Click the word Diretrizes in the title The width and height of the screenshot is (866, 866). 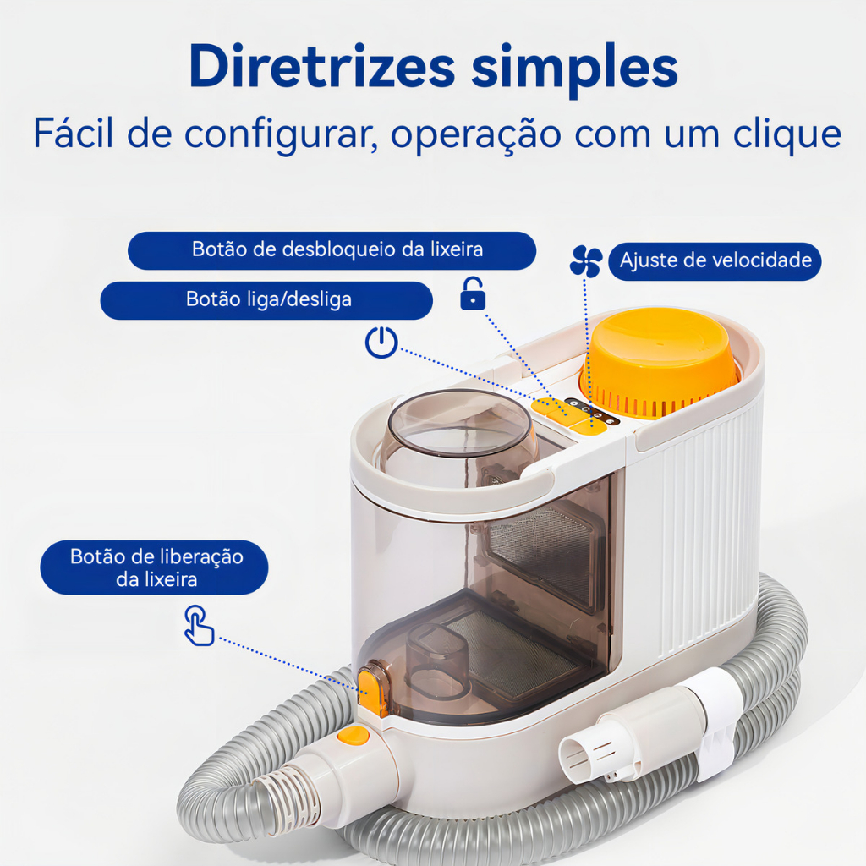pos(322,66)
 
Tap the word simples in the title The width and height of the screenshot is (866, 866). pos(574,70)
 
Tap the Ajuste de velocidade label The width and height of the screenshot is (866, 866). pos(715,260)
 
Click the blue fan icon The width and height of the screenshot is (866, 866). pos(585,260)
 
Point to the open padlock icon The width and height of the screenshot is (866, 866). pos(473,293)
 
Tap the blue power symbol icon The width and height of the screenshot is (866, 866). pos(381,343)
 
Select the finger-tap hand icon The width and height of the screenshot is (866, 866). pos(199,626)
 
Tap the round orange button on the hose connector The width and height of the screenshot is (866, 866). pos(354,736)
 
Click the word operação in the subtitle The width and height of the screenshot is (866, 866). pos(476,135)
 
